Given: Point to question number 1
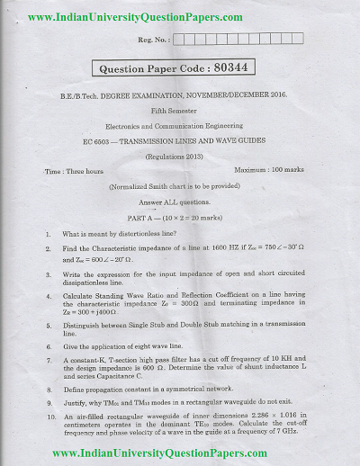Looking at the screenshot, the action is click(47, 233).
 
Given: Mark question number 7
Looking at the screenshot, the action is click(48, 360).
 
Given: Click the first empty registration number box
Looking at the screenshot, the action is click(183, 40).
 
